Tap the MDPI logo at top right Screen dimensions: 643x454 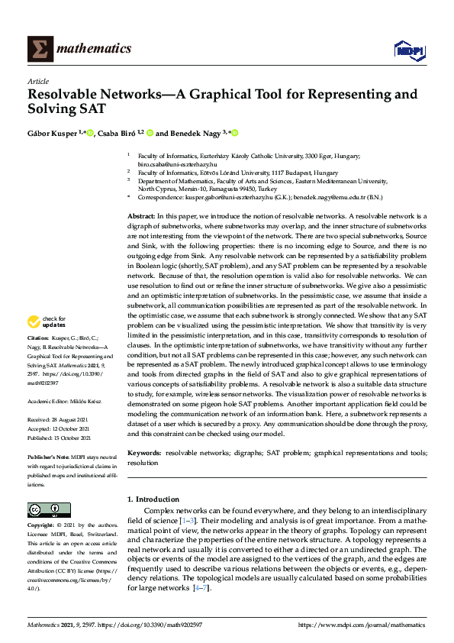click(x=407, y=50)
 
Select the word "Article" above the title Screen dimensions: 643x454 click(x=38, y=81)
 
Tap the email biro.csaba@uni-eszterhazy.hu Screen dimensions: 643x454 click(x=177, y=164)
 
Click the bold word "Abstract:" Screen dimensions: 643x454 click(x=141, y=217)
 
